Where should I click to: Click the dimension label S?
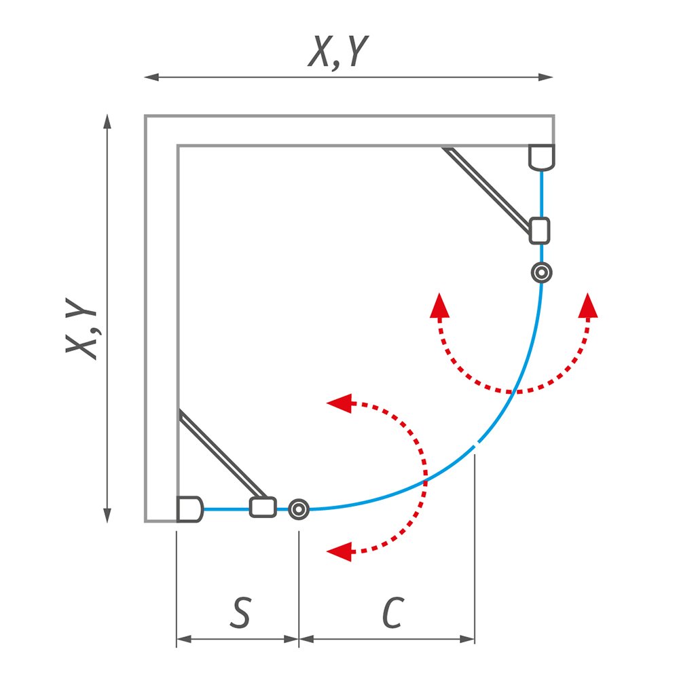pyautogui.click(x=240, y=612)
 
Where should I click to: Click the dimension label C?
pyautogui.click(x=393, y=612)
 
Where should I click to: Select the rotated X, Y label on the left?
pyautogui.click(x=81, y=328)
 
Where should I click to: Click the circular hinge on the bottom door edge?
pyautogui.click(x=299, y=509)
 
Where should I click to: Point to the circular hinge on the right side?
pyautogui.click(x=541, y=273)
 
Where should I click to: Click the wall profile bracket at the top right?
pyautogui.click(x=541, y=158)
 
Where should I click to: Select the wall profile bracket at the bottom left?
pyautogui.click(x=189, y=509)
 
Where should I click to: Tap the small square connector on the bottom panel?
pyautogui.click(x=263, y=507)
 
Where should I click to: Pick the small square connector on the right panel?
pyautogui.click(x=540, y=230)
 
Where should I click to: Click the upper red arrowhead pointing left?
pyautogui.click(x=339, y=403)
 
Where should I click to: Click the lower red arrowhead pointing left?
pyautogui.click(x=339, y=551)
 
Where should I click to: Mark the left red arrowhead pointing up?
pyautogui.click(x=439, y=306)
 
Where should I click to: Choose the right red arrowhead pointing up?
pyautogui.click(x=588, y=306)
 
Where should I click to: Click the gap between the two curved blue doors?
pyautogui.click(x=477, y=443)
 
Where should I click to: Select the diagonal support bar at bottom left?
pyautogui.click(x=223, y=453)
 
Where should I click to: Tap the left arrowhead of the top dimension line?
pyautogui.click(x=151, y=77)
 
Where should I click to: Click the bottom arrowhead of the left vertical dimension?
pyautogui.click(x=107, y=516)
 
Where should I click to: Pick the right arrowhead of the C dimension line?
pyautogui.click(x=467, y=639)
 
